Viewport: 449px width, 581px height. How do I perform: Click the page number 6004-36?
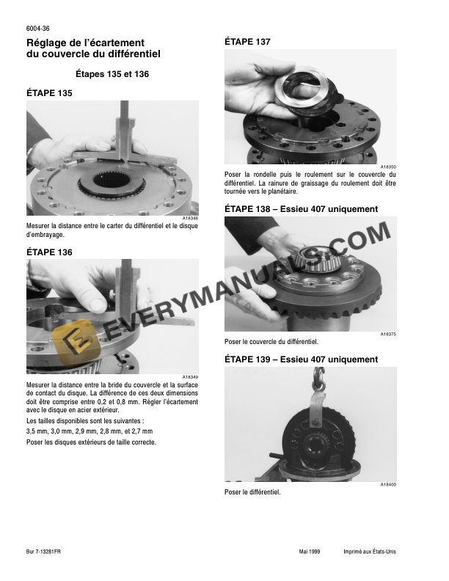click(x=38, y=29)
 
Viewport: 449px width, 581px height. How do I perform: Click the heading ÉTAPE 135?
click(x=49, y=93)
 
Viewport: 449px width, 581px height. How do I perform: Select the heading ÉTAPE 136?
click(x=49, y=252)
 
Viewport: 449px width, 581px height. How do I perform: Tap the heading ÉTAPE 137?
click(x=247, y=42)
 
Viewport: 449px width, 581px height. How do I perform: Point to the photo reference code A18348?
click(x=190, y=219)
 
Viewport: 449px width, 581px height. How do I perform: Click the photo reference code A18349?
click(x=190, y=377)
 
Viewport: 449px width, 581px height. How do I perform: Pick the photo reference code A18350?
click(x=388, y=167)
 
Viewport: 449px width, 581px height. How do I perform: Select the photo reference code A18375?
click(x=388, y=335)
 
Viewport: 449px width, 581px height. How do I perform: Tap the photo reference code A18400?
click(x=388, y=485)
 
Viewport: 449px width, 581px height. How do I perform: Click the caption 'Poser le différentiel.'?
click(x=252, y=492)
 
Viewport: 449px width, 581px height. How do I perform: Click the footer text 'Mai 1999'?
click(x=310, y=552)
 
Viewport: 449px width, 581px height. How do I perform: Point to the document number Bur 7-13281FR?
click(x=43, y=552)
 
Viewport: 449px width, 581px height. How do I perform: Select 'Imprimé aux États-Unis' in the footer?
click(x=370, y=552)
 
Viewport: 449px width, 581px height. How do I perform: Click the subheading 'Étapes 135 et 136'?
click(x=112, y=74)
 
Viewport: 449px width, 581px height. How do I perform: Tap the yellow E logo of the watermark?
click(x=76, y=341)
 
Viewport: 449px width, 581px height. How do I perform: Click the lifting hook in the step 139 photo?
click(x=318, y=380)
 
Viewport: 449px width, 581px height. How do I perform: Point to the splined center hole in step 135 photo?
click(x=111, y=180)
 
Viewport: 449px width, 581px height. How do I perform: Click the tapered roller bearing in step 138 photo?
click(x=321, y=259)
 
